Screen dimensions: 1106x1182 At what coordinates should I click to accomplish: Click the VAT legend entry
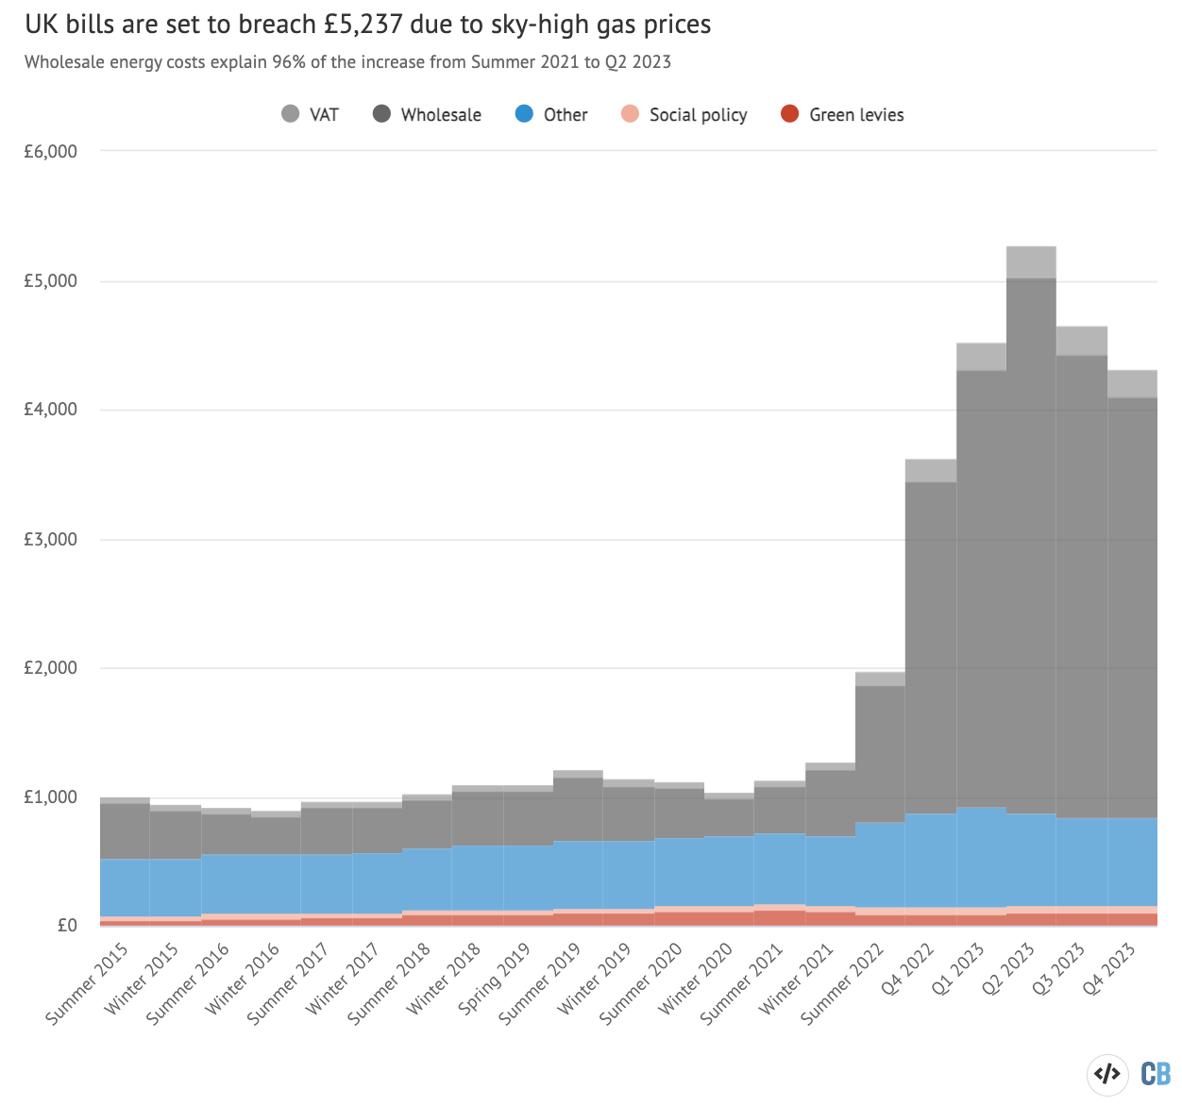click(311, 115)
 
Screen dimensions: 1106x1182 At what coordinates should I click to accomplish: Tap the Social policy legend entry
click(684, 115)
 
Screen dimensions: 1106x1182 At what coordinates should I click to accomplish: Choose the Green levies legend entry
click(843, 115)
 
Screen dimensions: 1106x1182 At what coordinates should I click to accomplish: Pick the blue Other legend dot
click(525, 115)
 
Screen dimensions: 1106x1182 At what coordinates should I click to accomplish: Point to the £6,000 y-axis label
click(50, 152)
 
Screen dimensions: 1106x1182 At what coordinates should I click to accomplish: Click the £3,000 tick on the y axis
click(50, 540)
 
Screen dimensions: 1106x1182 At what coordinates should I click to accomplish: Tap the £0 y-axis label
click(67, 926)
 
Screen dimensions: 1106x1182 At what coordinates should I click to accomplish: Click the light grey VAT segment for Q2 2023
click(1031, 262)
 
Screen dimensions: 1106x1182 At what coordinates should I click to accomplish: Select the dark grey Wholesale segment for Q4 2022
click(931, 647)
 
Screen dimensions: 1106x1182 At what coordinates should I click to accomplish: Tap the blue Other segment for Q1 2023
click(981, 857)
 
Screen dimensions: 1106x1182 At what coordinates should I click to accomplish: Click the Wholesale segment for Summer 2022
click(880, 753)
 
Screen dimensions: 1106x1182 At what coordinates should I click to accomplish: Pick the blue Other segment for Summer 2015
click(125, 887)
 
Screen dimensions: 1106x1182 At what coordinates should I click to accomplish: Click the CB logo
click(1156, 1074)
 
